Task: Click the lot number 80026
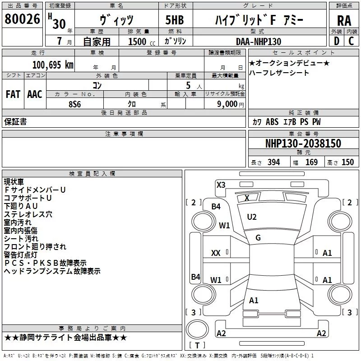click(22, 19)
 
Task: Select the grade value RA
click(344, 21)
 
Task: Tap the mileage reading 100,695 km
click(53, 65)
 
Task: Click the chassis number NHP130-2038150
click(303, 143)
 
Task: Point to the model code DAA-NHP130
click(259, 42)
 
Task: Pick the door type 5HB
click(175, 20)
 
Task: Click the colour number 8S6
click(74, 104)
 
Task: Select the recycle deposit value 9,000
click(227, 104)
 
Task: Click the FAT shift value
click(13, 94)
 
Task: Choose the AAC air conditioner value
click(35, 94)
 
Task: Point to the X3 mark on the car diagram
click(221, 185)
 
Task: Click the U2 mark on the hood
click(252, 217)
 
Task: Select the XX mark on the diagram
click(216, 253)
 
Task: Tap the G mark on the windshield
click(258, 238)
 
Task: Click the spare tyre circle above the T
click(197, 329)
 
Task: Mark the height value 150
click(347, 162)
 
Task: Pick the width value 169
click(311, 162)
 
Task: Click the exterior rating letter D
click(337, 41)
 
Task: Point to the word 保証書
click(15, 121)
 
